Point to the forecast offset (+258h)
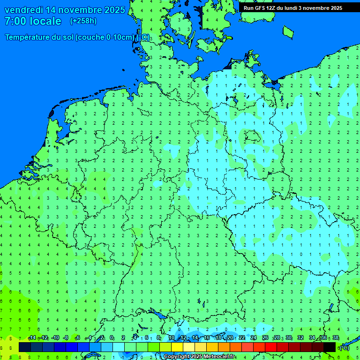pos(83,21)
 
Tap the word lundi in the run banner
pos(292,8)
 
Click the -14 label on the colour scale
pos(32,338)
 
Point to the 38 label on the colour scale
pos(336,338)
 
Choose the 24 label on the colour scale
pos(254,338)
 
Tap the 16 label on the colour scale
pos(207,338)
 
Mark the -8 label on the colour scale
pos(66,338)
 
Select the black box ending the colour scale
pos(330,347)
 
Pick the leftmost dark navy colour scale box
pos(25,347)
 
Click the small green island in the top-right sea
pos(288,32)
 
